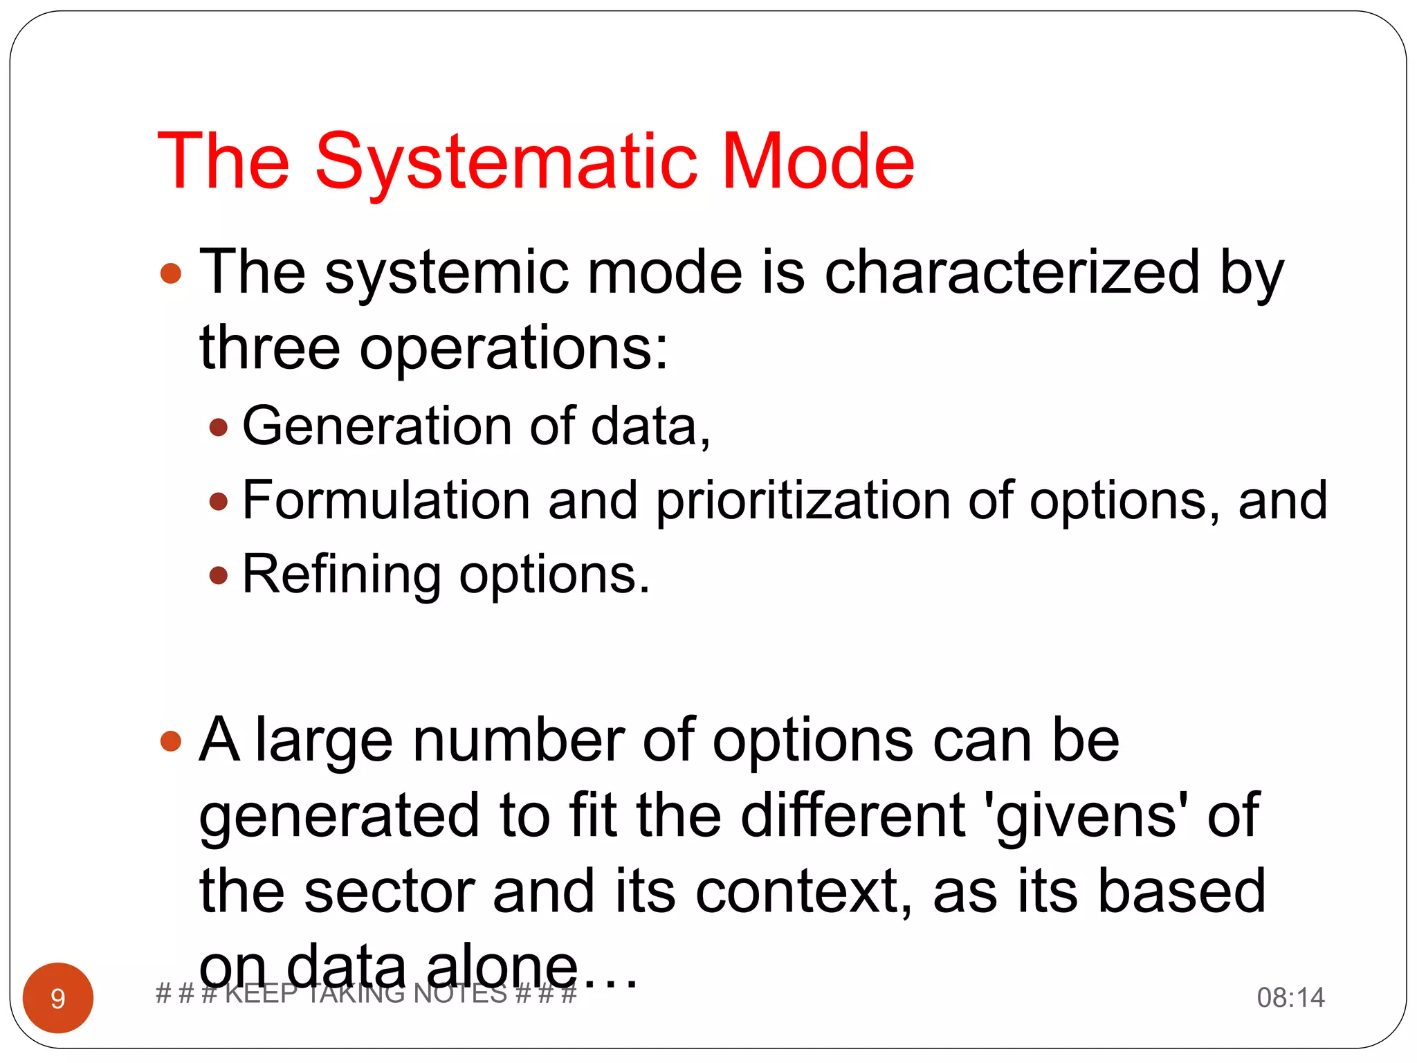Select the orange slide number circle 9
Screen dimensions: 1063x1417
58,997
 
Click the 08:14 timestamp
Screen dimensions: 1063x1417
1290,997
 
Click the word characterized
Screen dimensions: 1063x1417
1012,272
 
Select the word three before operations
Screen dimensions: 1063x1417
270,347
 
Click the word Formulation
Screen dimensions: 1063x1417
386,500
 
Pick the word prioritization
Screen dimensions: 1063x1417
803,501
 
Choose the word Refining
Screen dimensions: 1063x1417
341,574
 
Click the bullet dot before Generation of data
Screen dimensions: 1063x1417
219,426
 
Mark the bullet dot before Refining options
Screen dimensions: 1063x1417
219,575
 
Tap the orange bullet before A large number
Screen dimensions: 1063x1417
170,742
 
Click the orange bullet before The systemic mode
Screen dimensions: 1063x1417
170,273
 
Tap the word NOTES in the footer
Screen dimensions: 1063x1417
460,994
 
